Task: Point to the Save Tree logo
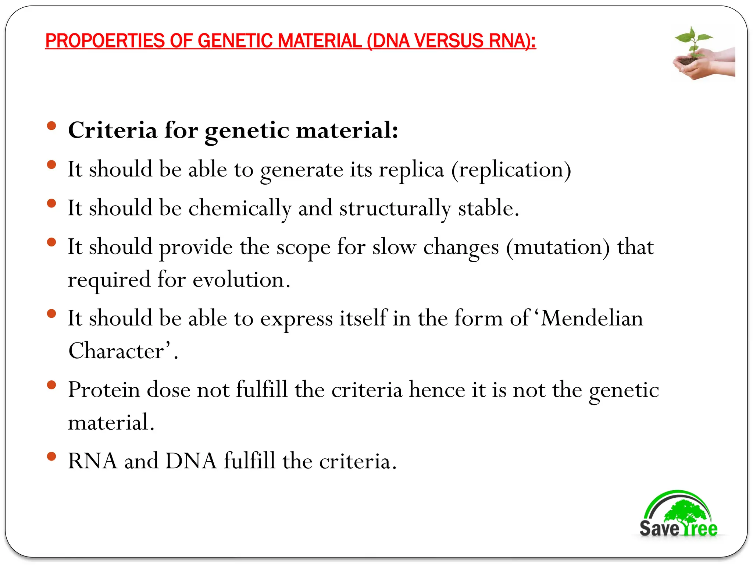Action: pos(678,515)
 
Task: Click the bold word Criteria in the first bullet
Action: pos(113,130)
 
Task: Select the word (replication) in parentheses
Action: pos(511,170)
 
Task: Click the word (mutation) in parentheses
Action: pos(558,247)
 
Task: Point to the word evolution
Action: pos(241,280)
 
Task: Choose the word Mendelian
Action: pos(592,318)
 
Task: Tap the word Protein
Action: pos(104,390)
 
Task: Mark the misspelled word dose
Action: pos(168,390)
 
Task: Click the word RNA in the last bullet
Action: pos(93,461)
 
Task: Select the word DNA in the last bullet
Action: pos(191,461)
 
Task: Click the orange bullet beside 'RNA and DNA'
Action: pos(51,456)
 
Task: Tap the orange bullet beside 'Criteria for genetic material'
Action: pos(51,126)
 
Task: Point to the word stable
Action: pos(488,209)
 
